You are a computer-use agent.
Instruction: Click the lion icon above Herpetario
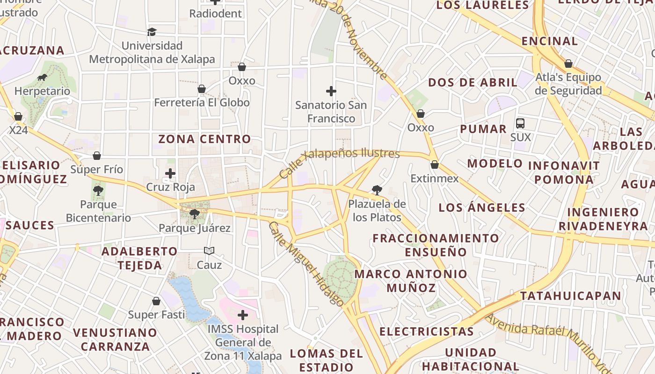coord(42,77)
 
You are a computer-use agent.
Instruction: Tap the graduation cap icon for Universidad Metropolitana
coord(152,32)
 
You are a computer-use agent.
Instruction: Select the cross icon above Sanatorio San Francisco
coord(331,91)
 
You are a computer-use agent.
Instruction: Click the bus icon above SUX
coord(520,123)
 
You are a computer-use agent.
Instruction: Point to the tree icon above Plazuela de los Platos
coord(377,190)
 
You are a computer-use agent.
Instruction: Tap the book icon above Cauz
coord(209,251)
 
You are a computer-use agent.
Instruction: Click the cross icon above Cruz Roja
coord(170,174)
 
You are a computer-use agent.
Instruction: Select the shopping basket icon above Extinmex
coord(435,165)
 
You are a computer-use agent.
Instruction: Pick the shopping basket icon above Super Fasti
coord(156,301)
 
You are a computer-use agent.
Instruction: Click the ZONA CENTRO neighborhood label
coord(204,139)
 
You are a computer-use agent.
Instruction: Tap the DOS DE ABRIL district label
coord(473,83)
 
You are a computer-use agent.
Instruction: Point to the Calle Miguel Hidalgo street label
coord(306,264)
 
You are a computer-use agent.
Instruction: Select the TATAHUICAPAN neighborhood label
coord(570,295)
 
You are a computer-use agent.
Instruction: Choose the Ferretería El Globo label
coord(202,102)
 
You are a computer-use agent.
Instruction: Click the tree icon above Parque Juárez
coord(195,214)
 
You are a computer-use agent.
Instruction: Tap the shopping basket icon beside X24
coord(18,116)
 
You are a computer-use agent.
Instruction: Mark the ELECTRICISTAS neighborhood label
coord(426,331)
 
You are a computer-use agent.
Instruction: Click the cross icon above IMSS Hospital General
coord(243,315)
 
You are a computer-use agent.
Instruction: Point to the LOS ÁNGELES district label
coord(482,208)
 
